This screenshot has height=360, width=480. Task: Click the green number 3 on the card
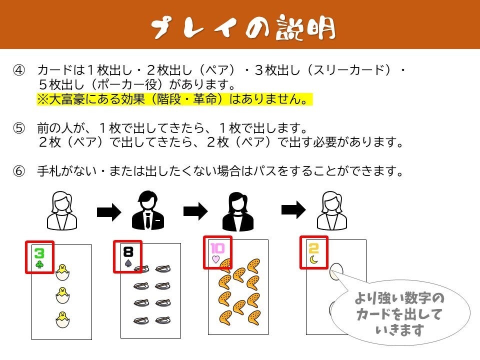click(x=39, y=253)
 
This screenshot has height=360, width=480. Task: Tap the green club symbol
click(x=39, y=263)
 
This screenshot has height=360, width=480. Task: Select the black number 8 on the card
click(x=128, y=251)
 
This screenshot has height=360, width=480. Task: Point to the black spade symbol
click(x=128, y=262)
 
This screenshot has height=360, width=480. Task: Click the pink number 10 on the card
click(x=217, y=247)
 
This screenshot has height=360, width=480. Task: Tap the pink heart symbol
click(x=216, y=258)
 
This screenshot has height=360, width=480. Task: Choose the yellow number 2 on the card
click(x=314, y=248)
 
